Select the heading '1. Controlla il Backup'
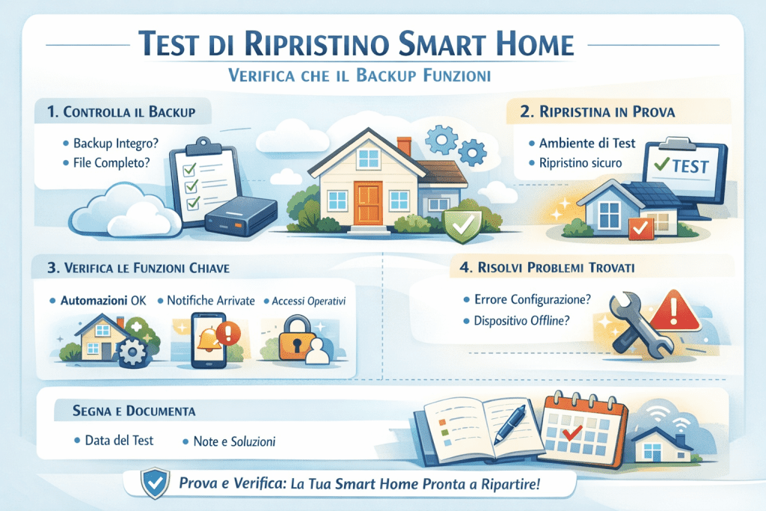(x=120, y=113)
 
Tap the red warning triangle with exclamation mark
(x=675, y=311)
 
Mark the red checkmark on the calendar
(x=573, y=432)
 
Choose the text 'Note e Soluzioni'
(x=235, y=441)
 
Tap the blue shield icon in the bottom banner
(x=155, y=483)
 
